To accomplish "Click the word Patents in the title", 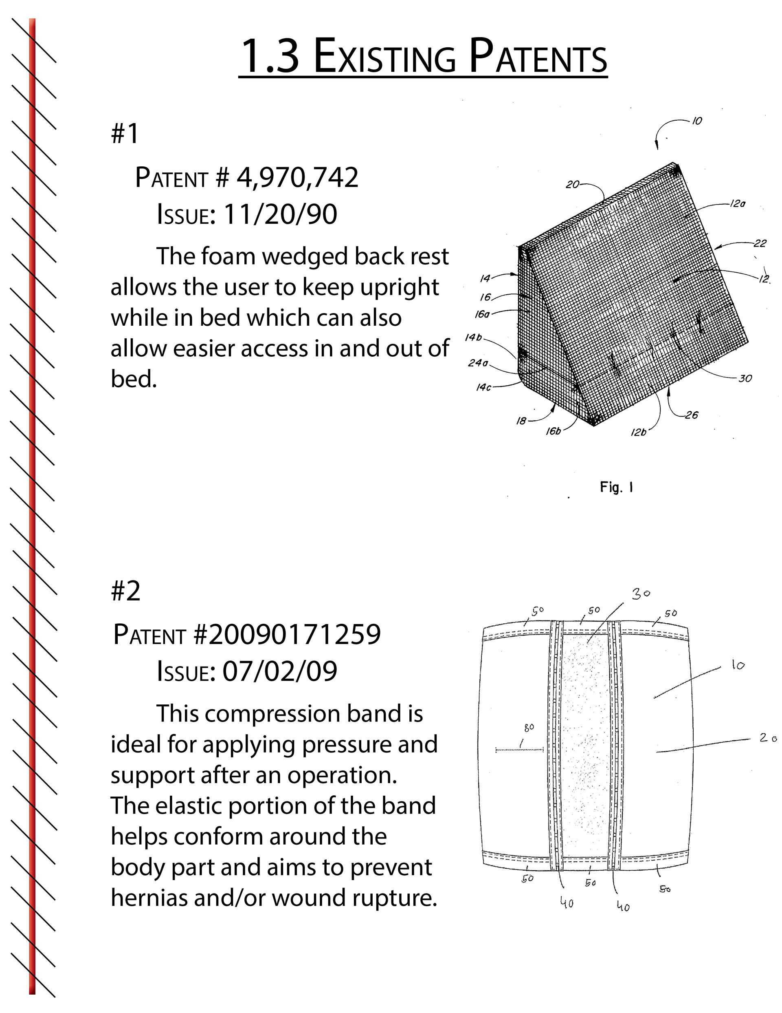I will pyautogui.click(x=538, y=57).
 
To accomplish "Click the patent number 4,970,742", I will pyautogui.click(x=297, y=177).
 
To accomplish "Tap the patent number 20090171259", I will pyautogui.click(x=294, y=635).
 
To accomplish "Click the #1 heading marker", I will pyautogui.click(x=125, y=134).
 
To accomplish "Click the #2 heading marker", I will pyautogui.click(x=125, y=591).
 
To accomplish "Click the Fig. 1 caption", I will pyautogui.click(x=617, y=487).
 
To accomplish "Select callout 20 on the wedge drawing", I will pyautogui.click(x=573, y=185).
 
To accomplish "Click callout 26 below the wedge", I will pyautogui.click(x=691, y=415).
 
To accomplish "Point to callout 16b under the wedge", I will pyautogui.click(x=553, y=431).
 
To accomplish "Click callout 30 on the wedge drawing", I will pyautogui.click(x=745, y=378).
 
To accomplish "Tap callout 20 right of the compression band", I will pyautogui.click(x=768, y=737).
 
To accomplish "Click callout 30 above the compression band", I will pyautogui.click(x=641, y=594).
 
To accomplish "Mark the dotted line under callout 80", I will pyautogui.click(x=519, y=750).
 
